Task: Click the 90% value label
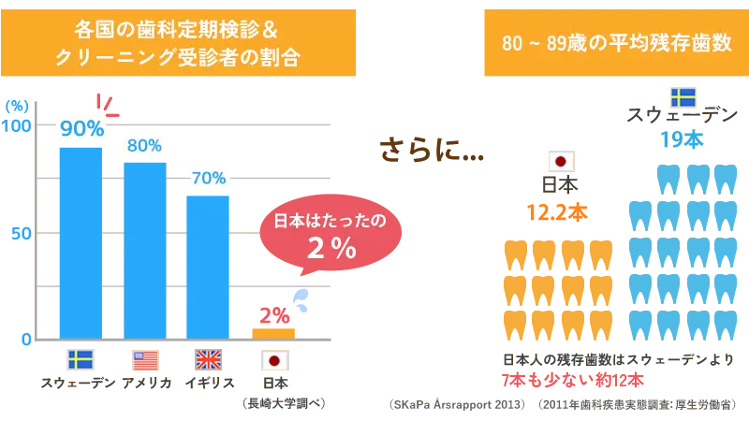click(x=81, y=129)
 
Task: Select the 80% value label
click(x=144, y=146)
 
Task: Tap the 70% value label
click(x=209, y=178)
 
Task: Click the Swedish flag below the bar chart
click(x=80, y=359)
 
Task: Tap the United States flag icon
click(x=145, y=359)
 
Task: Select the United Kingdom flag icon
click(x=208, y=359)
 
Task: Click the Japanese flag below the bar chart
click(x=274, y=359)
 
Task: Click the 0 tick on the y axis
click(x=25, y=339)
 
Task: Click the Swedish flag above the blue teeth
click(x=683, y=97)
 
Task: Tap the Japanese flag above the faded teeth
click(x=561, y=161)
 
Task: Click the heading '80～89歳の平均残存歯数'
click(x=616, y=43)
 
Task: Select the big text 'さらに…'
click(x=432, y=150)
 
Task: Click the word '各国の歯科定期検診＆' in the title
click(x=177, y=28)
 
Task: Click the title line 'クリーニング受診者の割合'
click(x=177, y=57)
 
